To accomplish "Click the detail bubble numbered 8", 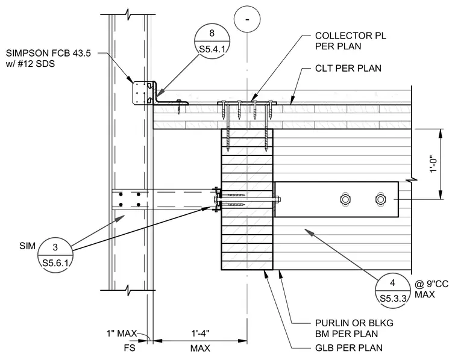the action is (x=212, y=42).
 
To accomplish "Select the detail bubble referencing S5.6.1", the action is (x=55, y=255).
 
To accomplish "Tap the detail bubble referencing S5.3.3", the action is (x=393, y=291).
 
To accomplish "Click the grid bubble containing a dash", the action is (x=247, y=19).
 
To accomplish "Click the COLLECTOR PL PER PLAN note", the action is (x=351, y=41).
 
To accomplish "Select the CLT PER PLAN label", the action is (x=348, y=68).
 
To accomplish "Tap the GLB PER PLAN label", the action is (x=349, y=348).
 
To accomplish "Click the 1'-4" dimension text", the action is (x=200, y=333).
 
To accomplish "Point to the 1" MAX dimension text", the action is (x=122, y=333).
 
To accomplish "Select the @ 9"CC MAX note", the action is (x=431, y=289).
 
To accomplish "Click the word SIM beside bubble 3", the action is (x=27, y=246).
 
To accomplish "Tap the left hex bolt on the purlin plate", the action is (x=345, y=199).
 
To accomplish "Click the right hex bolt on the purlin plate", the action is (x=380, y=199).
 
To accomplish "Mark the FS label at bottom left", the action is (x=130, y=348).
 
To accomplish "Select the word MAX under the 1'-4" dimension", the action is (x=200, y=348).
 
